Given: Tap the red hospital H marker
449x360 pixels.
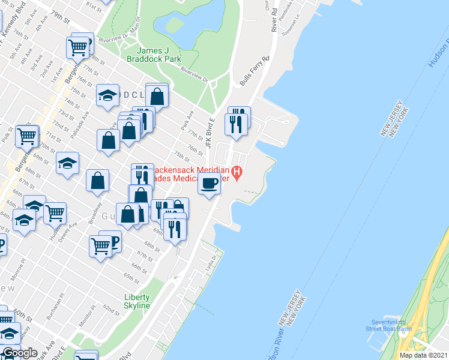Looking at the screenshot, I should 237,174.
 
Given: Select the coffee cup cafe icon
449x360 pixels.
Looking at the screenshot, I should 209,183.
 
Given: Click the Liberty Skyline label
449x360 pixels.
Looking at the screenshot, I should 137,301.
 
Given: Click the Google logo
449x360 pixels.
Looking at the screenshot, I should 20,352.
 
